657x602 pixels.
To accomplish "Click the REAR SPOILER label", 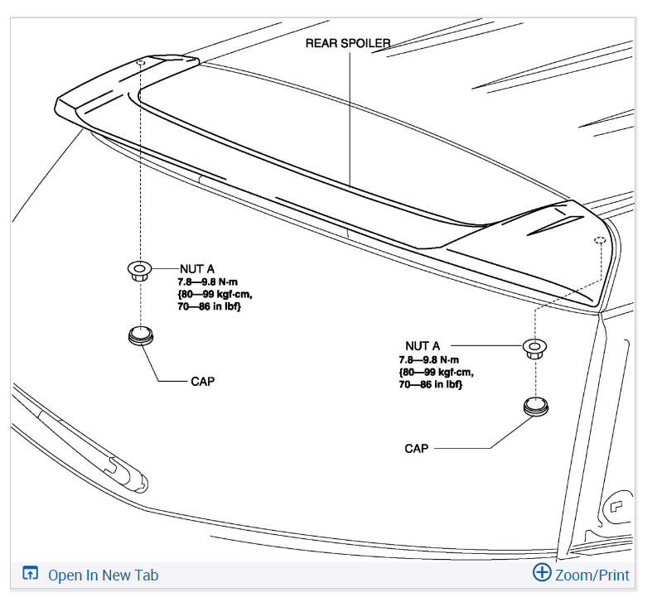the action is coord(348,43).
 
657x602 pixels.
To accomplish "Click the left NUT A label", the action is coord(197,268).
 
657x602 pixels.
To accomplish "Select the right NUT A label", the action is coord(423,346).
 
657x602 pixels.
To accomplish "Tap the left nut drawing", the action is coord(140,271).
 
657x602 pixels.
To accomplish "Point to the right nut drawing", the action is coord(534,349).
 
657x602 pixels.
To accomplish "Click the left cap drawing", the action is coord(141,335).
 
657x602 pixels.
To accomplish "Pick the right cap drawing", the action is coord(536,407).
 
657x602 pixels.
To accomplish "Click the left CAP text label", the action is coord(203,382).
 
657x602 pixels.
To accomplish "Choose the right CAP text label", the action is coord(417,449).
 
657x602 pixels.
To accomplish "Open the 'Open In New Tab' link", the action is coord(103,576).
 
